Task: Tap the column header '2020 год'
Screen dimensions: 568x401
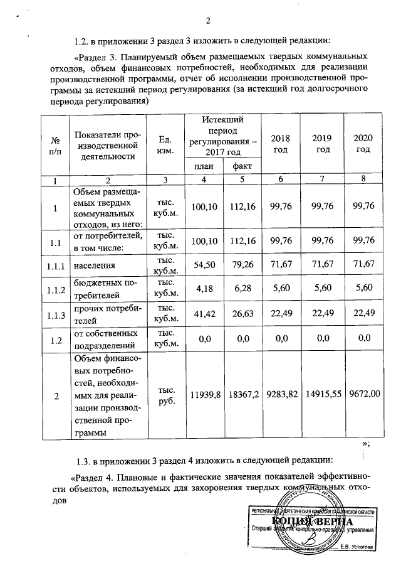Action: [x=364, y=144]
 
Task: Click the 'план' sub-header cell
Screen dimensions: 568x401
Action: [x=202, y=167]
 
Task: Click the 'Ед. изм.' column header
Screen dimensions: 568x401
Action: [x=165, y=145]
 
